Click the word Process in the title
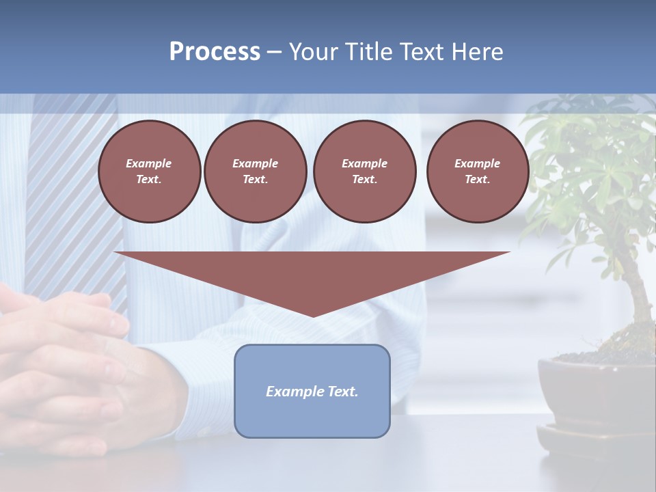tap(215, 52)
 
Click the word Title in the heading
tap(368, 52)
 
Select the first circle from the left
tap(150, 172)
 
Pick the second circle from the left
tap(256, 172)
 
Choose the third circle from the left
tap(365, 172)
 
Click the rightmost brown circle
tap(478, 172)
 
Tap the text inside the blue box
tap(312, 392)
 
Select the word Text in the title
tap(423, 52)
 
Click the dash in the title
tap(274, 53)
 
